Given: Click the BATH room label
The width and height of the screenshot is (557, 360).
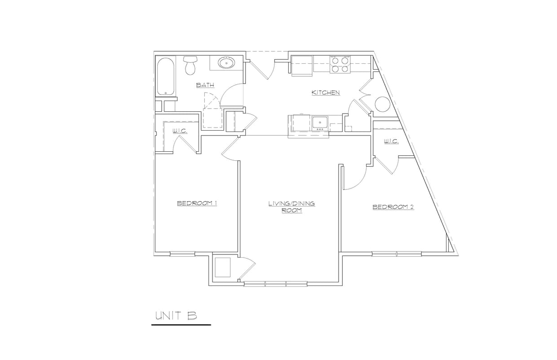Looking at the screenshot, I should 205,85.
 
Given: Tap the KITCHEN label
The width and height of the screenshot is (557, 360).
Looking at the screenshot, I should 326,93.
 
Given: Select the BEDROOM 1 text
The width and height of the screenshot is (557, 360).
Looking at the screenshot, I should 197,203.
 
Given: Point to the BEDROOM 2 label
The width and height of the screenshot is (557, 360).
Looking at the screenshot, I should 393,207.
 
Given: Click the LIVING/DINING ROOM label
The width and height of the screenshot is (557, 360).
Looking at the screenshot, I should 292,207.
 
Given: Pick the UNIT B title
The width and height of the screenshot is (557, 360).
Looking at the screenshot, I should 176,316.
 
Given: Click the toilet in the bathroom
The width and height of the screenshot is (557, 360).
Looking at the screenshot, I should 190,66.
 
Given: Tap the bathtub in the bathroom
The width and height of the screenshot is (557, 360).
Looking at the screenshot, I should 166,76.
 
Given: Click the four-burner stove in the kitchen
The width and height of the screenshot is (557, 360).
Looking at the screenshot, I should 340,64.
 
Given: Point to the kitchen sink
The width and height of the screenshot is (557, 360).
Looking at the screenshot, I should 320,122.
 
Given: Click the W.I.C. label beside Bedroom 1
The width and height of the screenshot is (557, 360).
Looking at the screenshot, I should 180,131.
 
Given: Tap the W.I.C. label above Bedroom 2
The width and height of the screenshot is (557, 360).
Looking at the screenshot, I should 391,141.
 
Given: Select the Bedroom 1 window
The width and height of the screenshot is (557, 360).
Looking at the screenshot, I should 182,254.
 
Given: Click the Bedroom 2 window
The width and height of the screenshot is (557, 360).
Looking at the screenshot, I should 397,254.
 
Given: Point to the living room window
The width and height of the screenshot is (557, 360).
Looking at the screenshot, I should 275,284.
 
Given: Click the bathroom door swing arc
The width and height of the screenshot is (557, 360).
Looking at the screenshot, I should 232,92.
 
